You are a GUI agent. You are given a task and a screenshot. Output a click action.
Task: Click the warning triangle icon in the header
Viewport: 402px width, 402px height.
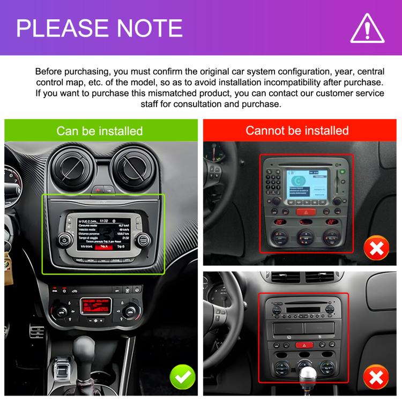[368, 28]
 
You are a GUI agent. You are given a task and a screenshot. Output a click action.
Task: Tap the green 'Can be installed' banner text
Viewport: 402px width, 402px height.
[100, 131]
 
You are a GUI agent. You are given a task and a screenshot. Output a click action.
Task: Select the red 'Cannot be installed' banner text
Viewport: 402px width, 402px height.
[297, 130]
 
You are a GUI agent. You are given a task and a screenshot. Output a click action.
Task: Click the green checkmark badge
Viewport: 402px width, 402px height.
[183, 378]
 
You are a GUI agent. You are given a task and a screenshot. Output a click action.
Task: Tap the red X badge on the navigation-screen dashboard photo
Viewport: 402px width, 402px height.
[377, 248]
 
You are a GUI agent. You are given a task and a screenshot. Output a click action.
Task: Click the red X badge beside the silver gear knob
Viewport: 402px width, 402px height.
[377, 378]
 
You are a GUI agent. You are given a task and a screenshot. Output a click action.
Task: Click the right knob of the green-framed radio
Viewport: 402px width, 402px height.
[142, 239]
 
